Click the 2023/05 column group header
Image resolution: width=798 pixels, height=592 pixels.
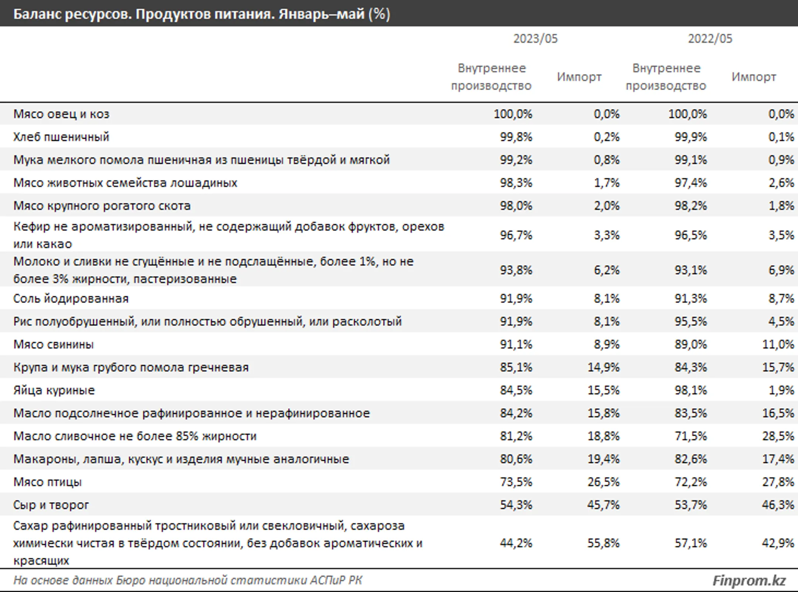pos(535,39)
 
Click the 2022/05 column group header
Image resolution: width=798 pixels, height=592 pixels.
pos(710,39)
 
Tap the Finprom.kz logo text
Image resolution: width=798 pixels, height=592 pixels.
pos(749,581)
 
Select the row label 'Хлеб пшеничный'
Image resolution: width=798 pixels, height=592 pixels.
pos(61,137)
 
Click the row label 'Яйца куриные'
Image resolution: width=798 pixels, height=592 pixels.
pos(54,390)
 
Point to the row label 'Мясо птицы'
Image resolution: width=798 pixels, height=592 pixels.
pos(47,482)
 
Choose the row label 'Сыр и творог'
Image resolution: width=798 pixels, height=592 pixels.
pos(51,505)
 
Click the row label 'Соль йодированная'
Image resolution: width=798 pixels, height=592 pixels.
pos(71,299)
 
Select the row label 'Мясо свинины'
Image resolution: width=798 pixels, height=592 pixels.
pos(54,344)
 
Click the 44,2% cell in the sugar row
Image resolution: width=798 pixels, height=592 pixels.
pos(516,543)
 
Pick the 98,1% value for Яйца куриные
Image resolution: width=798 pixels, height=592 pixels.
pos(690,390)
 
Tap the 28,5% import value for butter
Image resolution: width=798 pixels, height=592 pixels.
pos(778,436)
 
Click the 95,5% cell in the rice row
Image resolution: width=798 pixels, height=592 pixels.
pos(690,321)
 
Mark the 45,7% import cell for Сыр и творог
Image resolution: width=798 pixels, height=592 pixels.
pos(603,505)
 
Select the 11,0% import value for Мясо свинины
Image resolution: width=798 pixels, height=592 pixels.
pos(778,344)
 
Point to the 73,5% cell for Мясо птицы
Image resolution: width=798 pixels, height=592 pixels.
pos(516,482)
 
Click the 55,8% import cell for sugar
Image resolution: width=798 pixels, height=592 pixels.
pos(603,543)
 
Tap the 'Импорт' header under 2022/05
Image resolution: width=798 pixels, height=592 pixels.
pos(754,77)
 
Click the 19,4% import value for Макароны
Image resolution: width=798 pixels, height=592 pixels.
pos(603,459)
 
